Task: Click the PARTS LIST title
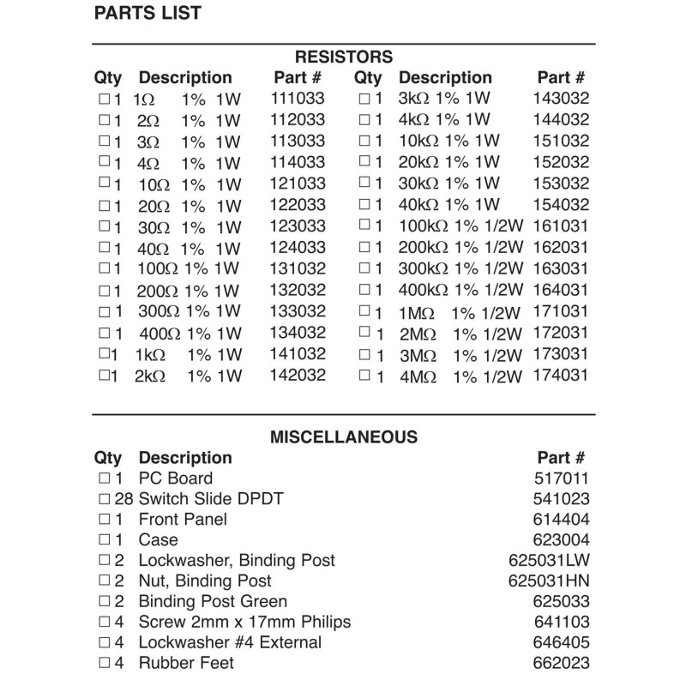(x=147, y=13)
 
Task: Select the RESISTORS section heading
(x=343, y=57)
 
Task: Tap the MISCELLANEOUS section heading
(x=343, y=437)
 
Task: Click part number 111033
(x=298, y=99)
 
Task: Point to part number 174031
(x=561, y=376)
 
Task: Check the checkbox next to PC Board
(x=105, y=478)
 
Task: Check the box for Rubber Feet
(x=105, y=663)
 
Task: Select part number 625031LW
(x=550, y=561)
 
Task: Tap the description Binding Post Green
(x=213, y=602)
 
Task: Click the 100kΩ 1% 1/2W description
(x=460, y=226)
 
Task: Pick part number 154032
(x=561, y=205)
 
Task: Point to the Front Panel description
(x=183, y=520)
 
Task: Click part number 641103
(x=561, y=623)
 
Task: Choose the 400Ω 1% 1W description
(x=190, y=333)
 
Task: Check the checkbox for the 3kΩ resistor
(x=365, y=99)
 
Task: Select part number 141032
(x=298, y=354)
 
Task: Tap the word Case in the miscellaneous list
(x=158, y=540)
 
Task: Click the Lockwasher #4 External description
(x=230, y=642)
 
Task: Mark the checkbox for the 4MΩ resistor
(x=365, y=376)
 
